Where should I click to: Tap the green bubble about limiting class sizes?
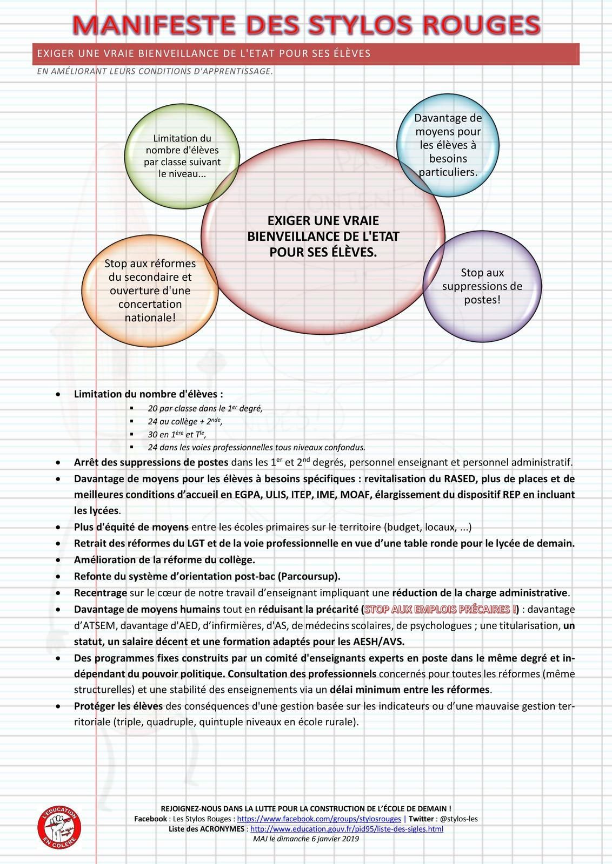click(x=182, y=156)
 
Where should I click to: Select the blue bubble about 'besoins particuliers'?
click(x=448, y=145)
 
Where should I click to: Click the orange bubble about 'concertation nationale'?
click(x=150, y=291)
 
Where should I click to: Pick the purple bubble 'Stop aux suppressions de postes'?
click(x=482, y=286)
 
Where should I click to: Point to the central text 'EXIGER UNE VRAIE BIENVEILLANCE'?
click(x=323, y=236)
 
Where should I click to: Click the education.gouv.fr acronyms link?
click(x=347, y=828)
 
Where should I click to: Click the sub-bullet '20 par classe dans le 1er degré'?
click(x=205, y=409)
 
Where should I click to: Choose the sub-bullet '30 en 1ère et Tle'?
click(x=177, y=434)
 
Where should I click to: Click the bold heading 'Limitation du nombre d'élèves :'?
click(x=149, y=394)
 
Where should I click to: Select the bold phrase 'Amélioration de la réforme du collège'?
click(x=164, y=559)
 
